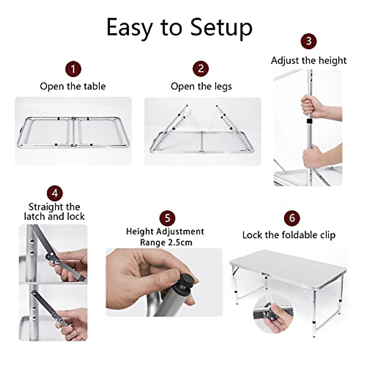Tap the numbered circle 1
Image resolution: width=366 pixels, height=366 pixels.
pyautogui.click(x=73, y=69)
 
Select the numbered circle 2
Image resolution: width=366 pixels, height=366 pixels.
pyautogui.click(x=201, y=69)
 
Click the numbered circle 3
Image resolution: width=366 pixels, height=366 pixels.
pyautogui.click(x=309, y=41)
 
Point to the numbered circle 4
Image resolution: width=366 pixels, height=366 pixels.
pyautogui.click(x=55, y=193)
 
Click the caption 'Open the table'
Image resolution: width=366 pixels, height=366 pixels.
pyautogui.click(x=73, y=86)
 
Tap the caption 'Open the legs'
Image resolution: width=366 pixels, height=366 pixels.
pyautogui.click(x=201, y=87)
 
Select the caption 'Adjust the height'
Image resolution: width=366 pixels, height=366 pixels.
pyautogui.click(x=309, y=60)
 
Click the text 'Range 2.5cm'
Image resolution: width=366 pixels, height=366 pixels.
pyautogui.click(x=166, y=242)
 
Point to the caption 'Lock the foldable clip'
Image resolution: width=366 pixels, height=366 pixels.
pyautogui.click(x=289, y=235)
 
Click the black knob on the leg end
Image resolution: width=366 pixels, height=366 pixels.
pyautogui.click(x=185, y=280)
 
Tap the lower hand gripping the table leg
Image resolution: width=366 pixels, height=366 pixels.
pyautogui.click(x=313, y=158)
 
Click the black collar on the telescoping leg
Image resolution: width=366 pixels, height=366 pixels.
pyautogui.click(x=310, y=122)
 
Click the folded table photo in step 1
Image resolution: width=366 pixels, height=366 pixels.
pyautogui.click(x=73, y=131)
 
